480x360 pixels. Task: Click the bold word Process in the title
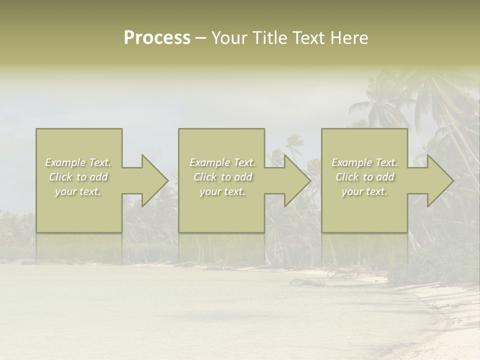pos(157,38)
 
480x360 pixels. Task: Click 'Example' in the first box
pos(65,162)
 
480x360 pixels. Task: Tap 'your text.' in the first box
pos(78,191)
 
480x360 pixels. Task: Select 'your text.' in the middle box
pos(222,191)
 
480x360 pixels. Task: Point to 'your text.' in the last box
pos(364,191)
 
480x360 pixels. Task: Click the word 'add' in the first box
pos(99,177)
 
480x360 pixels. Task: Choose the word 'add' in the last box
pos(385,177)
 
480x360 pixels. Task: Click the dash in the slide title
pos(200,38)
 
